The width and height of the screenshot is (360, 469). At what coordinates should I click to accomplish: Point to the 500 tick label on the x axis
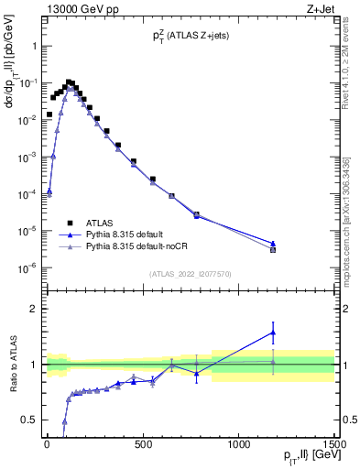[143, 445]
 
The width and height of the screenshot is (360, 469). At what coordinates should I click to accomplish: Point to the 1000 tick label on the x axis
[239, 445]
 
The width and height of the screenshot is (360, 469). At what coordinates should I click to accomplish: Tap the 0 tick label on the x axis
[47, 445]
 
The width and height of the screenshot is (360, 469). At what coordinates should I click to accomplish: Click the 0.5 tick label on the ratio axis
[31, 420]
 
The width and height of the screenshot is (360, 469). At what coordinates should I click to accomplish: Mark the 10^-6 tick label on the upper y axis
[27, 268]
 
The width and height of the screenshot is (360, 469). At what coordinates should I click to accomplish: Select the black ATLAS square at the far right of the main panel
[273, 249]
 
